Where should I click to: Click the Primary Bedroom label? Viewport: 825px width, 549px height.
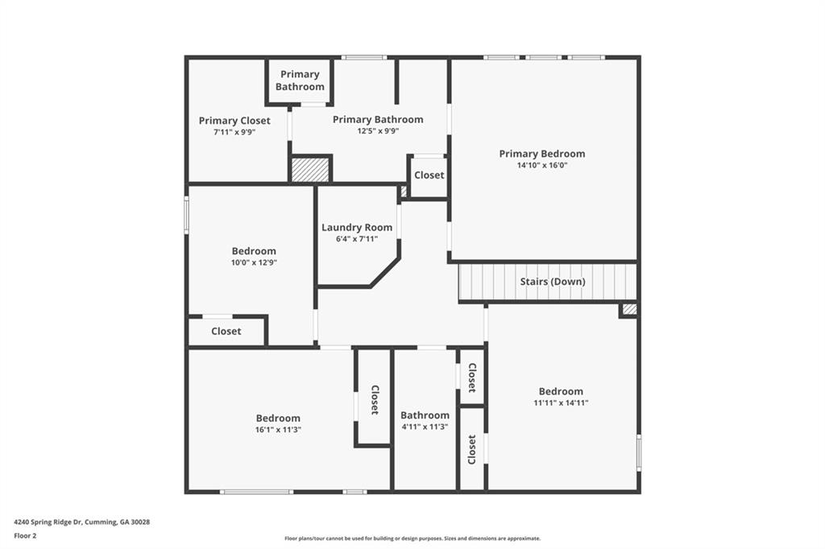pos(541,154)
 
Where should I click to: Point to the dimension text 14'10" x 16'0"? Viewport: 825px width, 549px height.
pos(541,166)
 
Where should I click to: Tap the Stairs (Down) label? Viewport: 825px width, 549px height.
pos(552,282)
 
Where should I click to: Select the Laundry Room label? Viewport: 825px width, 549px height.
pos(357,228)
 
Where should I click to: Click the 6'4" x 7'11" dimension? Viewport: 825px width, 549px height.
pos(357,239)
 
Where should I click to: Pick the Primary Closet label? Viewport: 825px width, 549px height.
pos(234,121)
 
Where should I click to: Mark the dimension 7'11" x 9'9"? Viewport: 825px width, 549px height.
pos(234,132)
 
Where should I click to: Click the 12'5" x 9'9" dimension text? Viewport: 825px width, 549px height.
pos(378,131)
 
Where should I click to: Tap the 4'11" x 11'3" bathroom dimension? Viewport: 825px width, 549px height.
pos(425,427)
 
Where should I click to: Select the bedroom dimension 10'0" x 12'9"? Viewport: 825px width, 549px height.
pos(254,262)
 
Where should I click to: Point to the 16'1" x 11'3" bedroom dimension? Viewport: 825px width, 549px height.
pos(278,430)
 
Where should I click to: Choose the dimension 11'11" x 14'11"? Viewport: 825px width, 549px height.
pos(561,403)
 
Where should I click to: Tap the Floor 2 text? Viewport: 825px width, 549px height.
pos(25,535)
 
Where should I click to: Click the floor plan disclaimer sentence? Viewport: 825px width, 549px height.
pos(412,539)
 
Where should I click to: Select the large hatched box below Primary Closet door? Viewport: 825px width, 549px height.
pos(310,170)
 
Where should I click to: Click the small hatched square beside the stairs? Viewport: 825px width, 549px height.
pos(629,309)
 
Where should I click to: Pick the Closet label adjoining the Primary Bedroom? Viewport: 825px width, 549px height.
pos(429,175)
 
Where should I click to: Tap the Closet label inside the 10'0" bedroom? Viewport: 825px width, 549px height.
pos(226,332)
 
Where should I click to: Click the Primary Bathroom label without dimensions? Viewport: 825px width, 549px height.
pos(300,80)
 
